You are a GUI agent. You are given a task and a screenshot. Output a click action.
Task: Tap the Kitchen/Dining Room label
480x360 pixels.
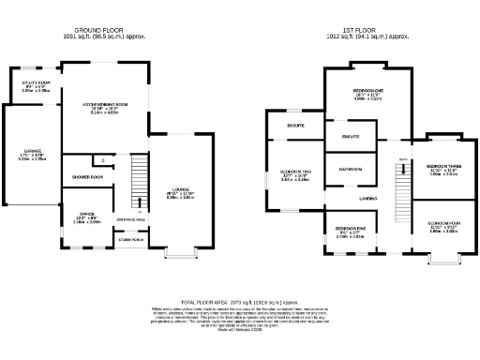pyautogui.click(x=105, y=104)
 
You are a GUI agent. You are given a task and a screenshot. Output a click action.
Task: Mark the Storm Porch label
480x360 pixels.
pyautogui.click(x=130, y=240)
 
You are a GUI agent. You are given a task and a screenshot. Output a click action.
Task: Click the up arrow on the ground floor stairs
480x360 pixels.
pyautogui.click(x=140, y=201)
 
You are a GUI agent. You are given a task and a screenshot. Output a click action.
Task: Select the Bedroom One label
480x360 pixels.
pyautogui.click(x=354, y=92)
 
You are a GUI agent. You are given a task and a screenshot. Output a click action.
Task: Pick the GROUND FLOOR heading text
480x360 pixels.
pyautogui.click(x=102, y=30)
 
